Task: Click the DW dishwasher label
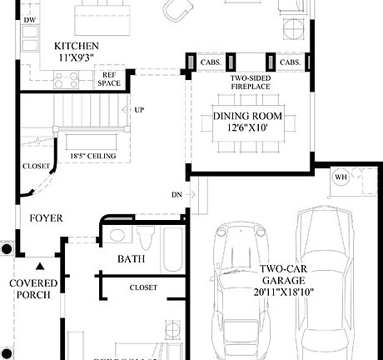(30, 19)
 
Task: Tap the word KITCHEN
(77, 46)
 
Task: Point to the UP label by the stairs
(138, 110)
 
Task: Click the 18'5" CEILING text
(92, 156)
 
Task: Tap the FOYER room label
(46, 218)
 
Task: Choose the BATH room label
(131, 259)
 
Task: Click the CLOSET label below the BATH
(142, 287)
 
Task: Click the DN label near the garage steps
(177, 194)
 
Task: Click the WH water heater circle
(341, 177)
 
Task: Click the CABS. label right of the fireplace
(290, 62)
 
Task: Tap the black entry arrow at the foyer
(39, 267)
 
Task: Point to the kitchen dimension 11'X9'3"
(77, 58)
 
